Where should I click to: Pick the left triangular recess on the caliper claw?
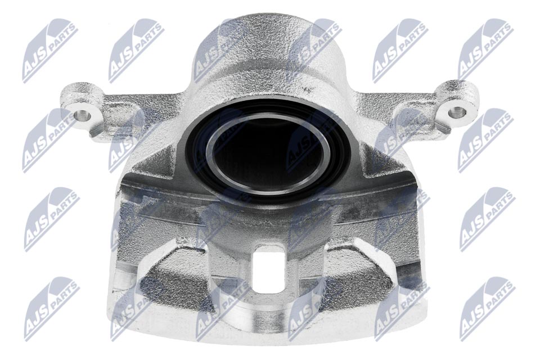click(x=172, y=272)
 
